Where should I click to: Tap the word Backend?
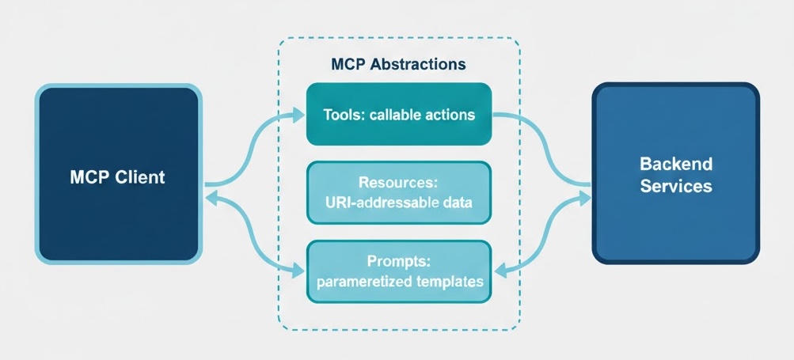click(x=676, y=165)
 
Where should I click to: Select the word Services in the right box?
click(x=676, y=186)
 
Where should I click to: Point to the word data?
click(x=456, y=203)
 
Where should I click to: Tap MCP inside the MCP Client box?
click(x=89, y=176)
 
